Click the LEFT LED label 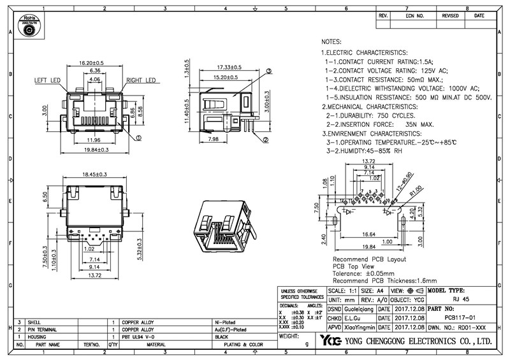47,81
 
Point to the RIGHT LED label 141,81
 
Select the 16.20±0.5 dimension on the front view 91,64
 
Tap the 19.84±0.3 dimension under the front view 92,150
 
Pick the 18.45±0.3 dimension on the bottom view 93,173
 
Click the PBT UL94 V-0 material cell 140,336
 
